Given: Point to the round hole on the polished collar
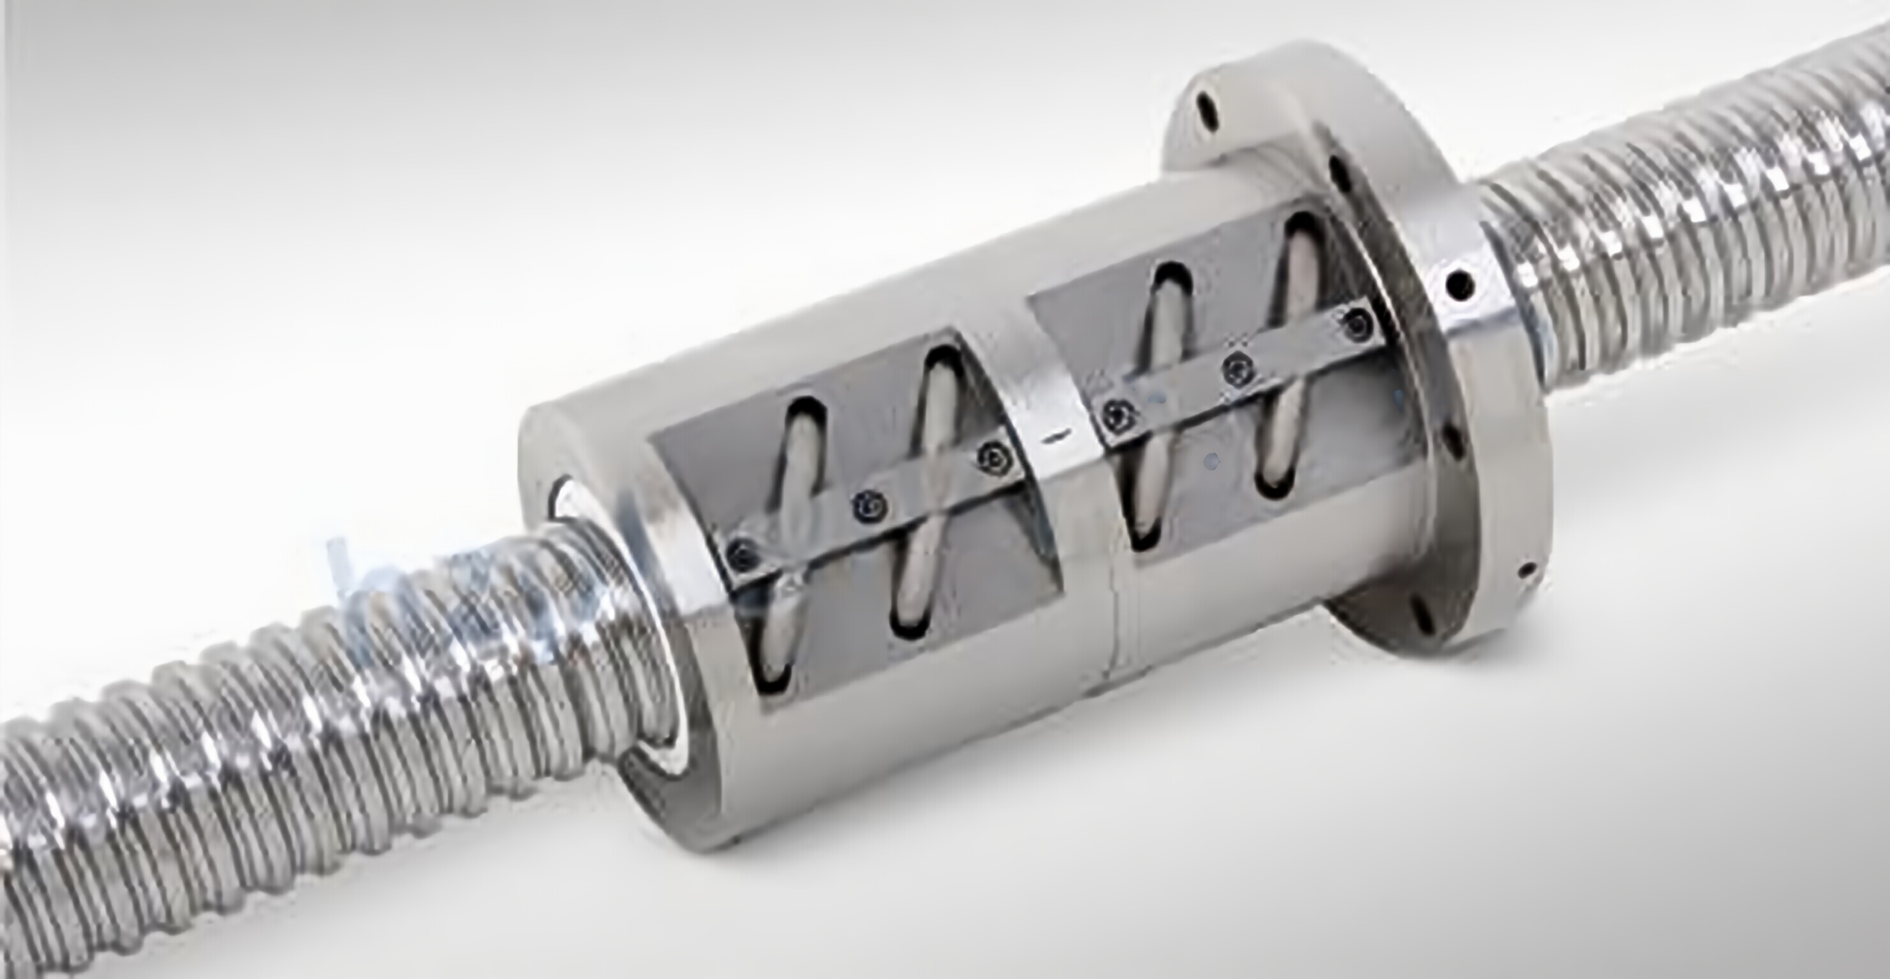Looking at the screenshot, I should click(1459, 282).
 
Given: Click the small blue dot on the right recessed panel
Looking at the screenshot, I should click(1211, 462).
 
